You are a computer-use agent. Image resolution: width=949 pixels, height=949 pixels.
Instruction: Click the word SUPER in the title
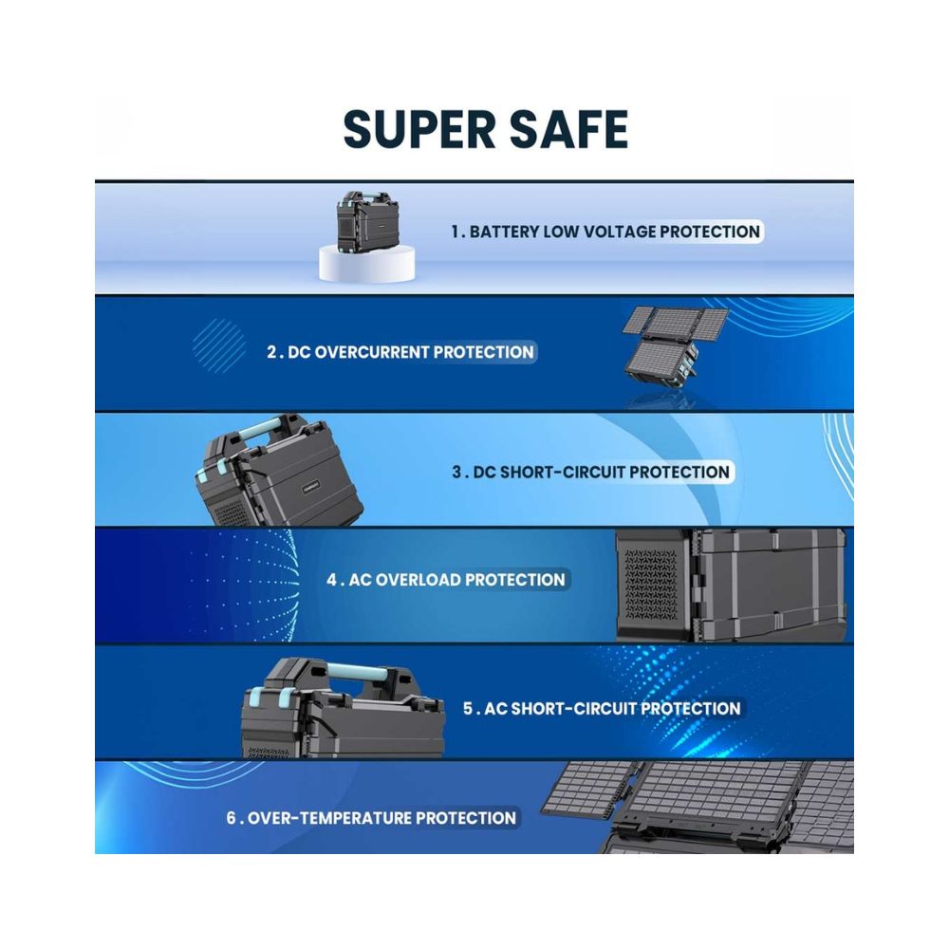[419, 129]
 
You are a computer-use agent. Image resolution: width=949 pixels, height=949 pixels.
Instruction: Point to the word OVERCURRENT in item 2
[371, 352]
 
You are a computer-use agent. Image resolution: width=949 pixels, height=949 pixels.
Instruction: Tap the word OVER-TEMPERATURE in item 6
[329, 818]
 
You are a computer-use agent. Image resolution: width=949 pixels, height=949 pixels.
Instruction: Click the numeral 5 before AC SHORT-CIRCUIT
[468, 709]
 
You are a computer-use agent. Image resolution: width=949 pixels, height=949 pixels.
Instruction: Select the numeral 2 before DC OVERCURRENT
[271, 352]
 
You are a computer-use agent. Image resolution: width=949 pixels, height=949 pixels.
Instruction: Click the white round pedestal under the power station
[366, 265]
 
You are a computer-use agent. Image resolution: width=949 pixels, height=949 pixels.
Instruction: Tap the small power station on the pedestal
[363, 221]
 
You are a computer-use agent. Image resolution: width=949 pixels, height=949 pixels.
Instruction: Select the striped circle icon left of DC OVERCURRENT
[219, 345]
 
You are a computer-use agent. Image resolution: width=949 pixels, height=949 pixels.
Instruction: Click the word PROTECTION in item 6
[466, 818]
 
